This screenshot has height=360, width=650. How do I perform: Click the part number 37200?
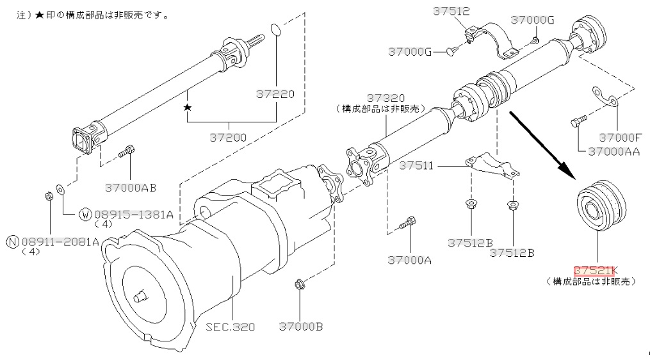click(228, 137)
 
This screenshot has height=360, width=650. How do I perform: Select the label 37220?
click(275, 94)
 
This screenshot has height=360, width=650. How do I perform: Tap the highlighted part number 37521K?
click(596, 271)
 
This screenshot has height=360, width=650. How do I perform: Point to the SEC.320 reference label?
click(231, 327)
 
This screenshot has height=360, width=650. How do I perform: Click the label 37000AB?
click(131, 188)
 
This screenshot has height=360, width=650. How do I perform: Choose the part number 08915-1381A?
click(133, 215)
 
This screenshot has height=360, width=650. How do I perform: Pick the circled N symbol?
click(13, 241)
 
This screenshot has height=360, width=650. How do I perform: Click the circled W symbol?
click(85, 215)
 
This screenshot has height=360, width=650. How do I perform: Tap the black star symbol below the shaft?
click(188, 108)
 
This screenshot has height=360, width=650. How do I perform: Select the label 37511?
click(416, 166)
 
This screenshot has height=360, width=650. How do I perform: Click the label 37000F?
click(621, 137)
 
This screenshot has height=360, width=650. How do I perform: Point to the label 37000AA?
click(613, 152)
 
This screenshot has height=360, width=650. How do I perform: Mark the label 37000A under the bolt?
click(410, 260)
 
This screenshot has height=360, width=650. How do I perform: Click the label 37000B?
click(300, 327)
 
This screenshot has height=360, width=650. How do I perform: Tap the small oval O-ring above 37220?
click(275, 31)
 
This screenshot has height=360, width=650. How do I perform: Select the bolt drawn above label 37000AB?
click(126, 152)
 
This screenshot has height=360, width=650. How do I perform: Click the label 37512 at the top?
click(452, 11)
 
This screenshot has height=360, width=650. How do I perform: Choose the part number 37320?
click(386, 98)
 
